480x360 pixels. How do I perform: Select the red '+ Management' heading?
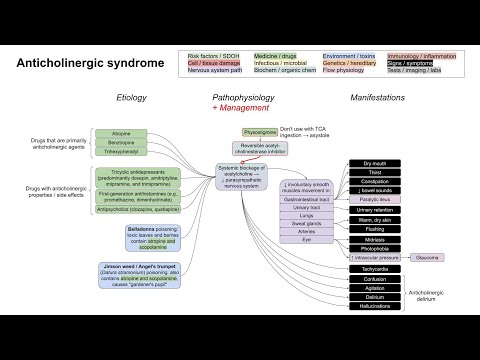click(x=238, y=106)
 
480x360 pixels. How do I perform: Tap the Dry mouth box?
click(x=375, y=163)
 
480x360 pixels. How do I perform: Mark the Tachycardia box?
click(x=375, y=267)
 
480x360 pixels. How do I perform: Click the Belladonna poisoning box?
click(x=146, y=238)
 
